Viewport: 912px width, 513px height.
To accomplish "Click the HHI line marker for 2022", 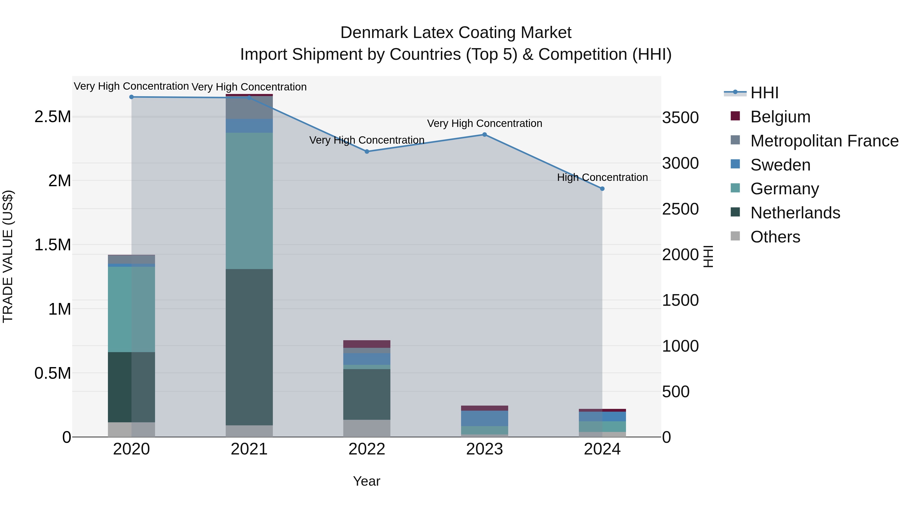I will [367, 151].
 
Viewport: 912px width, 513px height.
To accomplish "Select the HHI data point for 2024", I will [602, 189].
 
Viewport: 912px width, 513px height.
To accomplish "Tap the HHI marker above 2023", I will [485, 135].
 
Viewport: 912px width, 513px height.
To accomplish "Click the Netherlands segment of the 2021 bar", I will [249, 347].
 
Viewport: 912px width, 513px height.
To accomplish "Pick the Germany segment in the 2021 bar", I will [249, 201].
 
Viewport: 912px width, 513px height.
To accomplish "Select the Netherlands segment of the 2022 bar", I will [367, 394].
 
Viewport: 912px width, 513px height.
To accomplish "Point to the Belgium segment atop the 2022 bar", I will [367, 344].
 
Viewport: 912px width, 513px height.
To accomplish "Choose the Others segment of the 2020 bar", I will [131, 429].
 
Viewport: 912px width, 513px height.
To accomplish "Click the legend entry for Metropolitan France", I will [824, 141].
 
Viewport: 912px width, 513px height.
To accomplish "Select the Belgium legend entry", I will [780, 117].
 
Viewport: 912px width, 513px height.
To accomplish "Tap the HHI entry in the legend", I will [764, 93].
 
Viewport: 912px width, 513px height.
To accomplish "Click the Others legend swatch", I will [735, 236].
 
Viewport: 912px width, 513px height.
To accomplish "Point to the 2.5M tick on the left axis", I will [52, 117].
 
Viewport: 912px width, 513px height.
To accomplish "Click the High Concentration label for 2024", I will [602, 177].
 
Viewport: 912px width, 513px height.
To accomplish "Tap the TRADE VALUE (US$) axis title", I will [8, 256].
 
